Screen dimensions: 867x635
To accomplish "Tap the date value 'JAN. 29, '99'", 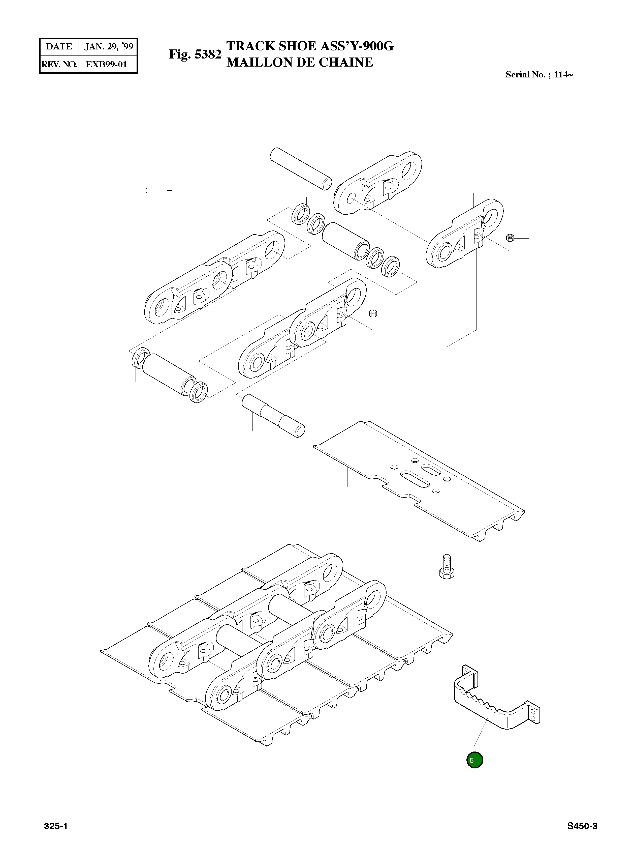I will point(108,47).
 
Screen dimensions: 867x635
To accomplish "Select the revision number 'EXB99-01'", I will point(106,64).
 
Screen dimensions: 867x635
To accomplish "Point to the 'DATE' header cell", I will point(59,47).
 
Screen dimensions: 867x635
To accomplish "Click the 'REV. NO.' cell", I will point(59,64).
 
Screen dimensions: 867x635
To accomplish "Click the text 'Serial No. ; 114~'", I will point(539,75).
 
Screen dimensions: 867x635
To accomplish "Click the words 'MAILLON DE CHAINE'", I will point(299,62).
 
